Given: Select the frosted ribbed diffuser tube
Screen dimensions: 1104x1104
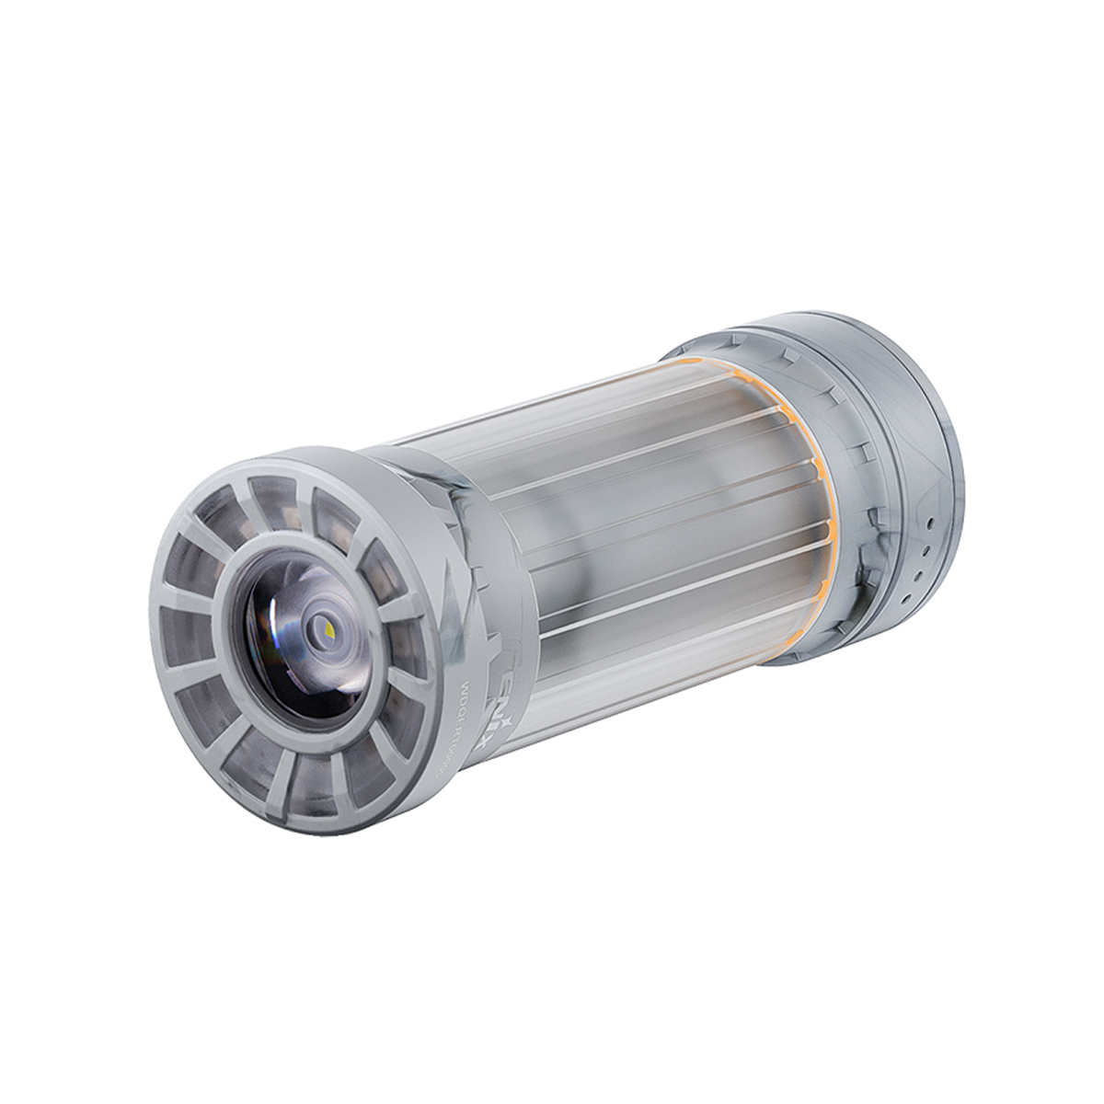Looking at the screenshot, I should click(644, 515).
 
